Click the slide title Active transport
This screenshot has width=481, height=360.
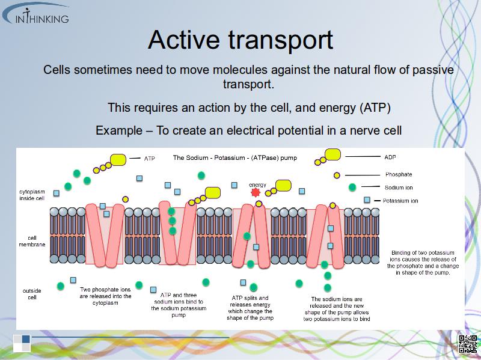pos(240,40)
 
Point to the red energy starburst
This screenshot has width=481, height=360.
pos(255,193)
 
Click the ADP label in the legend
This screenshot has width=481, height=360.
pos(390,157)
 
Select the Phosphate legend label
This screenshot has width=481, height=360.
pos(398,174)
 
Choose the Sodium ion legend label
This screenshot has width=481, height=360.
pos(398,188)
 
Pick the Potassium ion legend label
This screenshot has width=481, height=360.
pos(400,201)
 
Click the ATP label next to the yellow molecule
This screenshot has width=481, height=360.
pos(150,159)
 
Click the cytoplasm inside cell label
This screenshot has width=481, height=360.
pos(32,195)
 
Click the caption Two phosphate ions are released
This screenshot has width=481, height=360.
pos(106,296)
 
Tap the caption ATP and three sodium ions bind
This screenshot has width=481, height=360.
pos(179,305)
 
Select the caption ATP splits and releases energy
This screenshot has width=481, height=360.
pos(250,308)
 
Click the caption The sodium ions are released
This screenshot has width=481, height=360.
pos(337,309)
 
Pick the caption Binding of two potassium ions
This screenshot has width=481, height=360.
pos(423,263)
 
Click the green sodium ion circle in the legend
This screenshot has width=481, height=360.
pos(352,188)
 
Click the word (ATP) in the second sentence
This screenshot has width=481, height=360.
pos(375,108)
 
